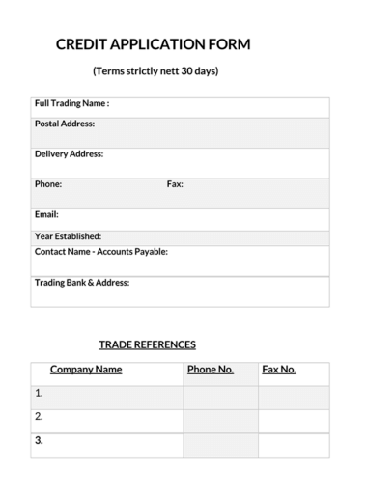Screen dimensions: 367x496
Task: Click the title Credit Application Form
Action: (153, 44)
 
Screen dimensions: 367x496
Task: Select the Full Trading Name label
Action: (71, 103)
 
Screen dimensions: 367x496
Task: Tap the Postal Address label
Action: (64, 124)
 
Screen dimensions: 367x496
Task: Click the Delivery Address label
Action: (69, 153)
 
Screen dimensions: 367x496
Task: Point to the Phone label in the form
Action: (48, 183)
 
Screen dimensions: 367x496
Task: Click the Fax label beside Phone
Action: (175, 183)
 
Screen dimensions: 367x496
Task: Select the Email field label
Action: (46, 214)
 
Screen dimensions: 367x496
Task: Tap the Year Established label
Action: (68, 235)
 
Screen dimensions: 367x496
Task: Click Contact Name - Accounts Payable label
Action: (101, 251)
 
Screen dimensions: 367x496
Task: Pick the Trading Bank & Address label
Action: (82, 283)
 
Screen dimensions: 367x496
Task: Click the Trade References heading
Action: (147, 344)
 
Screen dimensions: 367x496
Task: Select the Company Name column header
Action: (86, 370)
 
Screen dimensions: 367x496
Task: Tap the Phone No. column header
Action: (210, 370)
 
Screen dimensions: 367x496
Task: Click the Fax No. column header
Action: (279, 370)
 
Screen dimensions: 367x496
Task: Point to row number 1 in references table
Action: (39, 394)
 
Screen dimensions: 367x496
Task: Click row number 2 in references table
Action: (39, 417)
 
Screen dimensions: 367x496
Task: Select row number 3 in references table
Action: (39, 441)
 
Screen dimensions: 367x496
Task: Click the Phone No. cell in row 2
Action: (220, 421)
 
